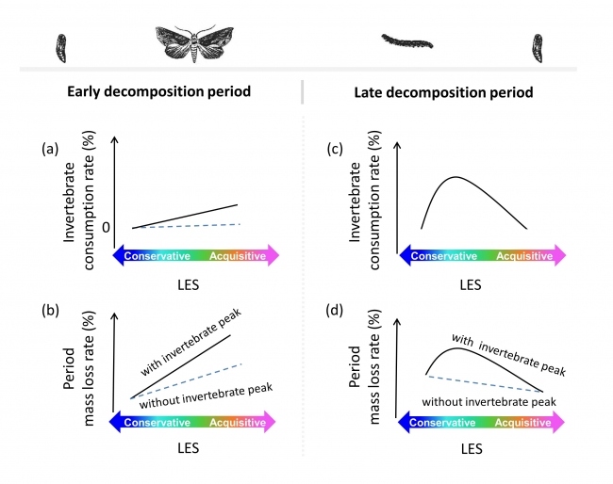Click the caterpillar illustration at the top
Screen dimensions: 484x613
[406, 40]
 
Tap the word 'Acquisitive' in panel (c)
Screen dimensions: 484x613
[523, 255]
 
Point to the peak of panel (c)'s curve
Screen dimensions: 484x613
[456, 177]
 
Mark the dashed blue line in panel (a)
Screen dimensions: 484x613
[189, 226]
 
